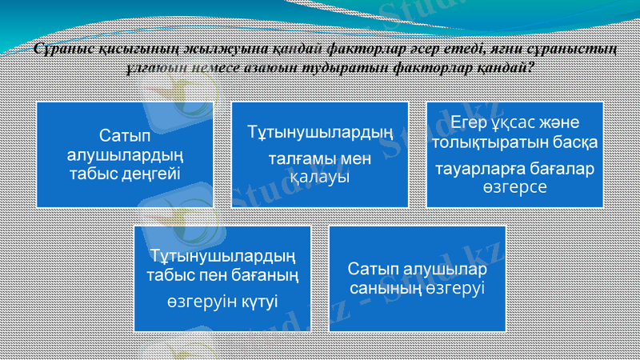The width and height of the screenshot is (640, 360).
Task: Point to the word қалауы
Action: [320, 175]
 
